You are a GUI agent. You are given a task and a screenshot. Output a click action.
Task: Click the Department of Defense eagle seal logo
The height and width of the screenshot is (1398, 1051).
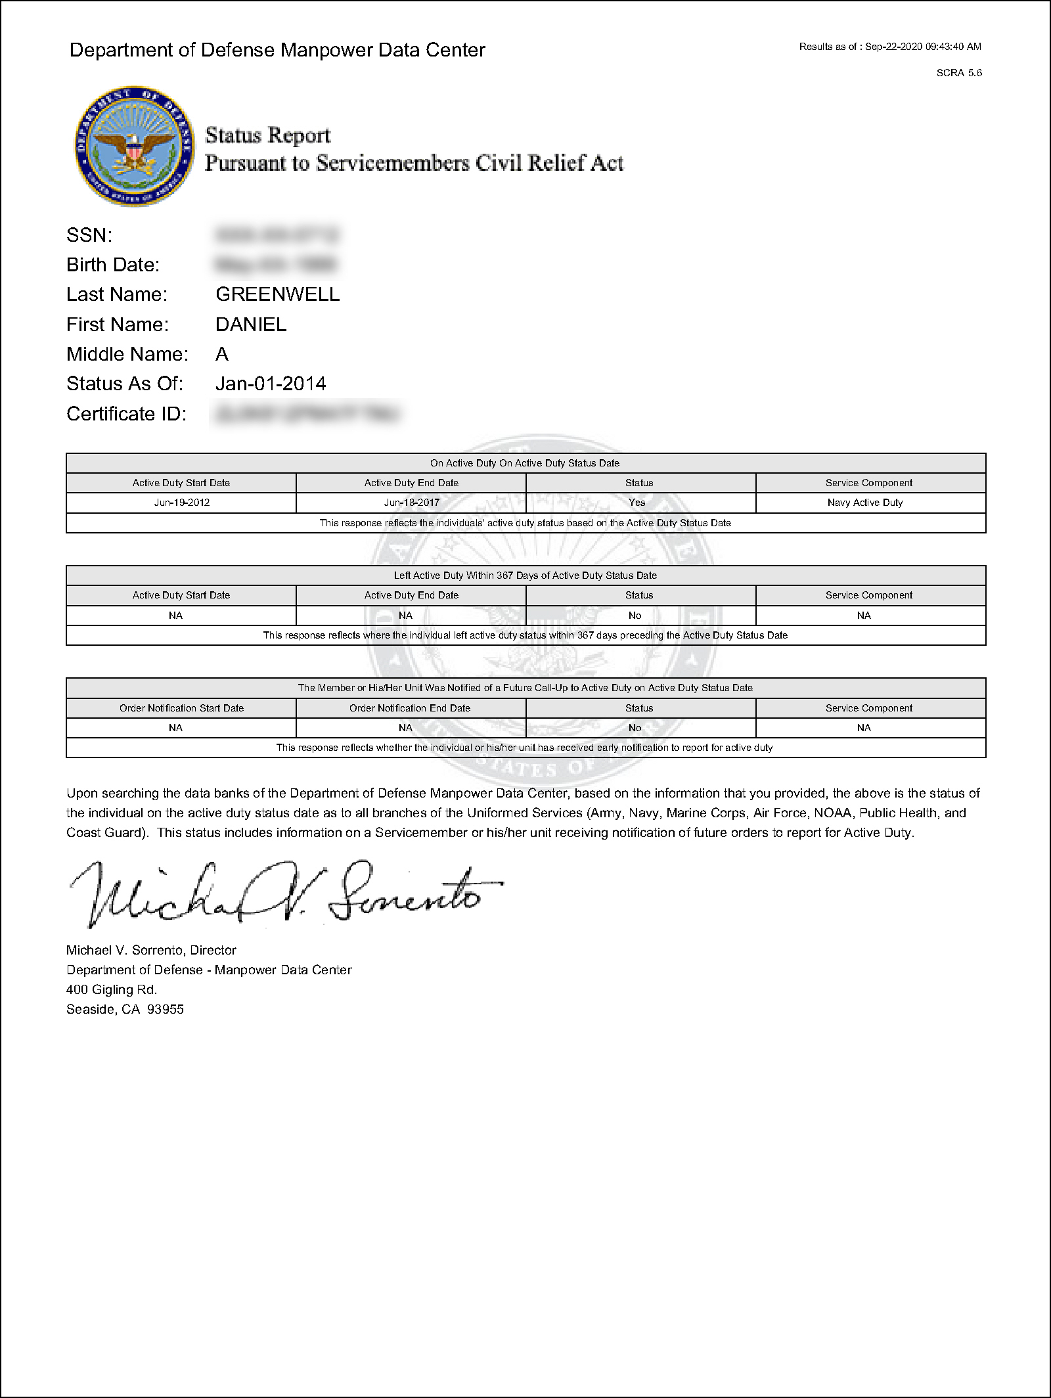(134, 145)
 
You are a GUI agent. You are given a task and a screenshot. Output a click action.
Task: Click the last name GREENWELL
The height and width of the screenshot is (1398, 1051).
(277, 294)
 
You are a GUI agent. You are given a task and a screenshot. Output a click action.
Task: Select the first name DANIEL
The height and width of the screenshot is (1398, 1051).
(251, 325)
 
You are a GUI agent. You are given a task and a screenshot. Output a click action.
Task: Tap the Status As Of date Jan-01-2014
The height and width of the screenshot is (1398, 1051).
(271, 384)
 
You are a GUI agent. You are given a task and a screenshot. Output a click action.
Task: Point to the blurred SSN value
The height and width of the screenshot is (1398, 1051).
(277, 235)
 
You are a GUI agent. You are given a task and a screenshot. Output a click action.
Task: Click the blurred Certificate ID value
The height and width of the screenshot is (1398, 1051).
(306, 414)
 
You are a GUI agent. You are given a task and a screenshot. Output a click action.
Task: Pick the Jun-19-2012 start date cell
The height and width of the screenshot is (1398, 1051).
(181, 503)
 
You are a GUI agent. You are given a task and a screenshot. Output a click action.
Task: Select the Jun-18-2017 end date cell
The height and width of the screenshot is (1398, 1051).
(411, 503)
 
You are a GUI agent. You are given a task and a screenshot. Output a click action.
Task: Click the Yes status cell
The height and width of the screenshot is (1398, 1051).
(637, 503)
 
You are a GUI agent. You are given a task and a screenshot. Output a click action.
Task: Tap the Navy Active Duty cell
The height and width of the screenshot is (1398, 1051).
(865, 503)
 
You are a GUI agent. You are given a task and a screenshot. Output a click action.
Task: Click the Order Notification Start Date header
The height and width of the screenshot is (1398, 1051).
(181, 708)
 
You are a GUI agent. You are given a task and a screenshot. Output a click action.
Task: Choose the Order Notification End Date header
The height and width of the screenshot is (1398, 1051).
(410, 708)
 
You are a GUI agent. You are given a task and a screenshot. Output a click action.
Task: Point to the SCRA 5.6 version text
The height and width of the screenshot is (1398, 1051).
(959, 73)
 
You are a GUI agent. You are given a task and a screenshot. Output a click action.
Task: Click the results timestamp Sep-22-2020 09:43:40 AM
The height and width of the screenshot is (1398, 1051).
(923, 47)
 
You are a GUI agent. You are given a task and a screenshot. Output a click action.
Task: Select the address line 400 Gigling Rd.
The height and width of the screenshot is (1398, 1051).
(112, 989)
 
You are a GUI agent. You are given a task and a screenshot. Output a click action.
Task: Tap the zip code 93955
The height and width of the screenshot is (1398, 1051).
(166, 1009)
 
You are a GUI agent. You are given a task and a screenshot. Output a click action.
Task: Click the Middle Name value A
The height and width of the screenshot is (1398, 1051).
(222, 354)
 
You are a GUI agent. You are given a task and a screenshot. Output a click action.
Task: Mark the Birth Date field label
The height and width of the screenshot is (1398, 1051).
(113, 265)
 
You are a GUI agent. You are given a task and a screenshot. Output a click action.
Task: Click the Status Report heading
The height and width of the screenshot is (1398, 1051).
(267, 135)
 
